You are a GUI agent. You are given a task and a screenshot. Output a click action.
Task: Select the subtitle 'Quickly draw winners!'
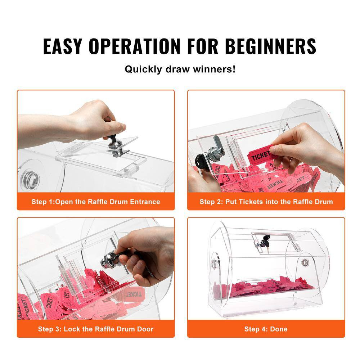(180, 69)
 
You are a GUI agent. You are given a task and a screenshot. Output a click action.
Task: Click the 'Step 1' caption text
(95, 202)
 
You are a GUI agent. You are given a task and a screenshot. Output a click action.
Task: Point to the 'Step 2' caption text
(266, 202)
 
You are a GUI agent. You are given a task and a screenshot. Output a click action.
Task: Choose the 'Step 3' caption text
(95, 329)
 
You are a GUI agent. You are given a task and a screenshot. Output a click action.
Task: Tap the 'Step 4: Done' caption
(266, 329)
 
